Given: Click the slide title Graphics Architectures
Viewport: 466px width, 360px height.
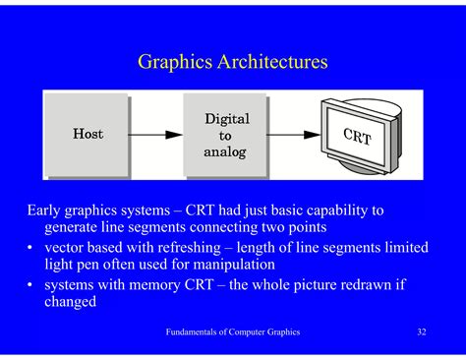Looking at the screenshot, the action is point(232,63).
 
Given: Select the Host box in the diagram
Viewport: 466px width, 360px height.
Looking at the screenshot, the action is point(87,134).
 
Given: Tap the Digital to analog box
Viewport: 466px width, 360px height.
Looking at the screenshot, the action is point(225,135).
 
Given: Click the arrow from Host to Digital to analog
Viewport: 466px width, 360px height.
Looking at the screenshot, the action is point(156,134).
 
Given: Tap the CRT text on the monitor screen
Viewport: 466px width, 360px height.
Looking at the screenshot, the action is point(357,135).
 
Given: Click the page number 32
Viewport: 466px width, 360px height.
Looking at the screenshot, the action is point(421,332).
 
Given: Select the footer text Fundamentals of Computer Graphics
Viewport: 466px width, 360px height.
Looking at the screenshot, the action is point(232,332).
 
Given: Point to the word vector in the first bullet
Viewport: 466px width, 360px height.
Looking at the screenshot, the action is point(66,248).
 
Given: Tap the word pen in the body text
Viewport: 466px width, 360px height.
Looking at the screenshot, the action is point(90,266).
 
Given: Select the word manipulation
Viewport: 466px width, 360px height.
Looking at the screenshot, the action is point(254,266).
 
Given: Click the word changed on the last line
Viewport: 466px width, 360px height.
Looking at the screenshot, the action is point(71,303).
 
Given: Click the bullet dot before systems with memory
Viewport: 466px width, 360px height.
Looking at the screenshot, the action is point(31,285).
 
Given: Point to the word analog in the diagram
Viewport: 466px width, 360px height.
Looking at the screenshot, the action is point(226,152).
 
